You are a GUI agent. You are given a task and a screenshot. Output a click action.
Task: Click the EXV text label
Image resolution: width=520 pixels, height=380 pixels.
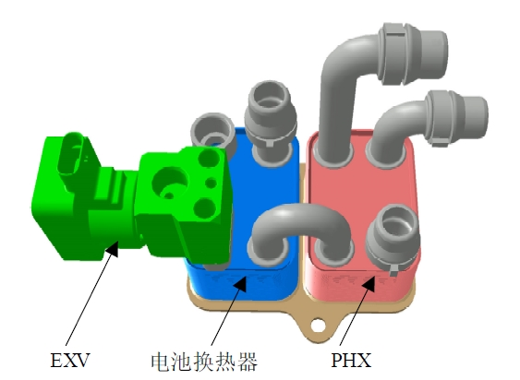pyautogui.click(x=70, y=360)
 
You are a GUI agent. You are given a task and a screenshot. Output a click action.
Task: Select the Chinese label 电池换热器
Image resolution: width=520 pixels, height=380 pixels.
pyautogui.click(x=204, y=362)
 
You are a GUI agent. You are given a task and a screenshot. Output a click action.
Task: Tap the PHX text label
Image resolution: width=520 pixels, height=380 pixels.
pyautogui.click(x=351, y=360)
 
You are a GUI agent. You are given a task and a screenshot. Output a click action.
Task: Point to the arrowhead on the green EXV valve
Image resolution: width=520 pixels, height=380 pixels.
pyautogui.click(x=112, y=249)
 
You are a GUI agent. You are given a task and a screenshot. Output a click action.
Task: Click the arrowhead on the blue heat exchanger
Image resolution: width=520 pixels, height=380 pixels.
pyautogui.click(x=240, y=284)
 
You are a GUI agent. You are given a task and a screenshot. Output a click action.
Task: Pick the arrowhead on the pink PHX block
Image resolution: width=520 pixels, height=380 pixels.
pyautogui.click(x=369, y=284)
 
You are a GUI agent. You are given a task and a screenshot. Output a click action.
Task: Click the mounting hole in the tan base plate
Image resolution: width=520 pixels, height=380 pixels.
pyautogui.click(x=318, y=325)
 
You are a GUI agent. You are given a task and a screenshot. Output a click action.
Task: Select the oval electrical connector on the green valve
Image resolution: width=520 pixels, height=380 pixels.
pyautogui.click(x=71, y=153)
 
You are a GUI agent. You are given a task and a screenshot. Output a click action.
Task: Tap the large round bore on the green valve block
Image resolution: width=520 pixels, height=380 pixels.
pyautogui.click(x=170, y=184)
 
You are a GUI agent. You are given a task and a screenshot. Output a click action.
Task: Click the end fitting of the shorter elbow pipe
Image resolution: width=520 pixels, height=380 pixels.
pyautogui.click(x=457, y=118)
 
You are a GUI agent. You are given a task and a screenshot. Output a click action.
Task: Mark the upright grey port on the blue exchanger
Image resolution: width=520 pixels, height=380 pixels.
pyautogui.click(x=271, y=123)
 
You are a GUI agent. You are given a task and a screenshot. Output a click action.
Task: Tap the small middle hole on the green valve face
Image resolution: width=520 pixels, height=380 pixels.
pyautogui.click(x=211, y=183)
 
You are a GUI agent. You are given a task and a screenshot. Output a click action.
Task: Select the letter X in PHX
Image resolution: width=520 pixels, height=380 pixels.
pyautogui.click(x=364, y=360)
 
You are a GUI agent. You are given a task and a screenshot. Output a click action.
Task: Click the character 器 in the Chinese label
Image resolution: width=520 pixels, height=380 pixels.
pyautogui.click(x=247, y=362)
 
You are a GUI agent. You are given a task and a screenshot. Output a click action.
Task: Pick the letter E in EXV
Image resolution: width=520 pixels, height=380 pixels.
pyautogui.click(x=56, y=360)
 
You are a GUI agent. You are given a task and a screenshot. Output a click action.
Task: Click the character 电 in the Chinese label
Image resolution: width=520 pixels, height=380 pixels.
pyautogui.click(x=161, y=362)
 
